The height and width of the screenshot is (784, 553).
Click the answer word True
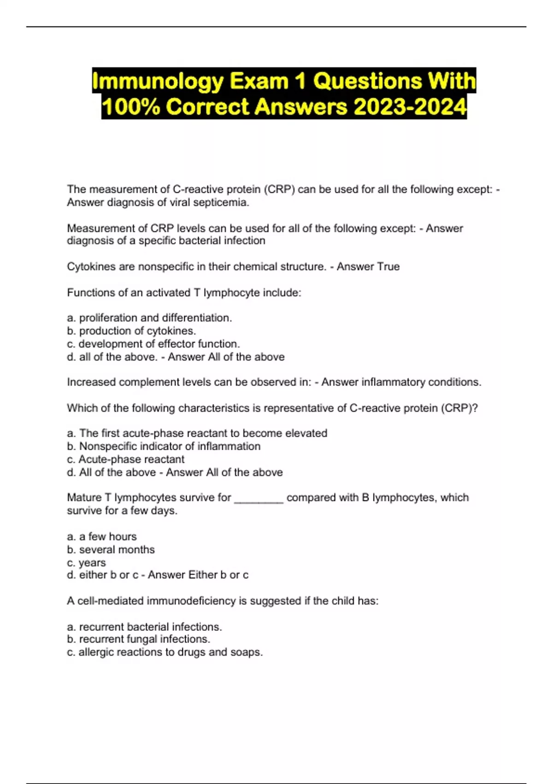[388, 267]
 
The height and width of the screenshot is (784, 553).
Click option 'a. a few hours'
[102, 536]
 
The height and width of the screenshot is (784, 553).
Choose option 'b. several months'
[111, 550]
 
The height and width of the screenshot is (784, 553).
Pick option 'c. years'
[86, 563]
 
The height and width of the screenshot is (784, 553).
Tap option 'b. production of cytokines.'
[131, 331]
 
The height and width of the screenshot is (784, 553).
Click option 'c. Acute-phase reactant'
[125, 459]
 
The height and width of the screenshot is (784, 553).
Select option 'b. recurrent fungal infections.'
[138, 639]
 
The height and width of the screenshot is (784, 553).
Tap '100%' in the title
[130, 107]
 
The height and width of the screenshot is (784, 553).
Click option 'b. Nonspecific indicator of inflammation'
[164, 446]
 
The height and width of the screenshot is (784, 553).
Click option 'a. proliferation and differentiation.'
[149, 318]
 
